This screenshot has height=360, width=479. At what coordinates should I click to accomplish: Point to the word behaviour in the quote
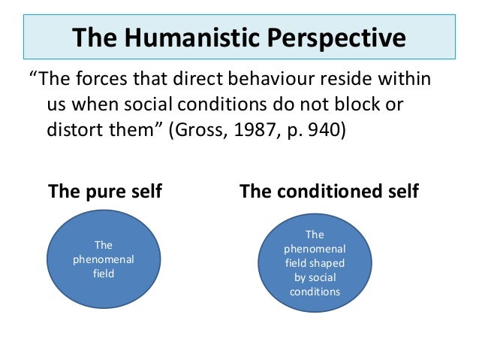coord(271,79)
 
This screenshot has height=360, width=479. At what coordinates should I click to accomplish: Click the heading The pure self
coord(104,192)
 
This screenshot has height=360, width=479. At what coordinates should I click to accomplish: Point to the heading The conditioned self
coord(329,192)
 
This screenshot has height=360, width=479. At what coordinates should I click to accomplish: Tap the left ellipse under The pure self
coord(104,259)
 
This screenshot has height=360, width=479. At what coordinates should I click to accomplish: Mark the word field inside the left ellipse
coord(104,274)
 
